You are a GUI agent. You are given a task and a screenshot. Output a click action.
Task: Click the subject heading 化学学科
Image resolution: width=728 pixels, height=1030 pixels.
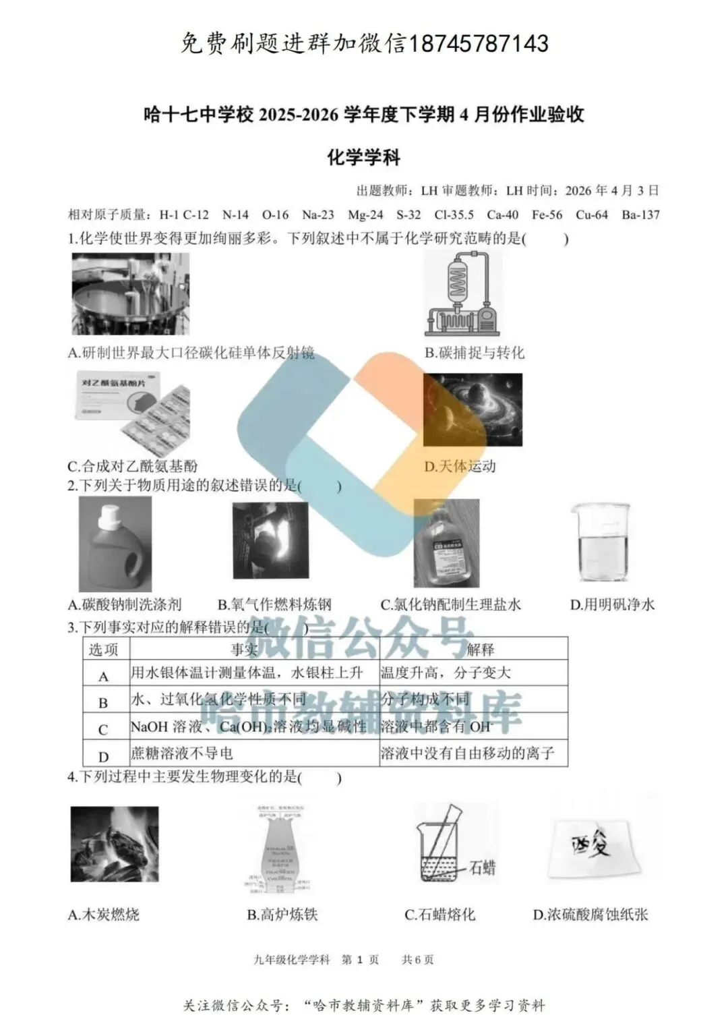point(364,158)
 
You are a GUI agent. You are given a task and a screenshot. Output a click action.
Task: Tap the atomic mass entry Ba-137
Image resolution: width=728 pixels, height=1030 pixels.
point(640,215)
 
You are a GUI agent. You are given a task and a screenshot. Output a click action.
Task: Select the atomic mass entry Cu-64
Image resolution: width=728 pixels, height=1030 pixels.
point(591,215)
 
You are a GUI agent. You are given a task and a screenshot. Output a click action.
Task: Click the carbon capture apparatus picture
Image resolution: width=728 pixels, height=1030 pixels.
point(462,293)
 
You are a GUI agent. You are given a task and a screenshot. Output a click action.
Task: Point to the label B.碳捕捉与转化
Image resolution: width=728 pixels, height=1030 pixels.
point(474,353)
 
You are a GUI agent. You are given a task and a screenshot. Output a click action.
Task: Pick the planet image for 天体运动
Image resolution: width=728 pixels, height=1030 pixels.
point(472,409)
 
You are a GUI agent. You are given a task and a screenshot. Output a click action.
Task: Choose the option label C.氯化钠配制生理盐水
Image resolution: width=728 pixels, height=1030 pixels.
point(450,604)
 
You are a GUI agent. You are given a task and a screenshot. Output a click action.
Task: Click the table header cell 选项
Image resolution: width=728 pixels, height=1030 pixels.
point(104,650)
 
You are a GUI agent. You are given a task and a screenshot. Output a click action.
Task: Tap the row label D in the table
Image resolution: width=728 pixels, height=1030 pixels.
point(103,756)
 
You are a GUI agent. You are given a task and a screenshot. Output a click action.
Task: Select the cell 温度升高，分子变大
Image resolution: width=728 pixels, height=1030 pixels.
point(446,673)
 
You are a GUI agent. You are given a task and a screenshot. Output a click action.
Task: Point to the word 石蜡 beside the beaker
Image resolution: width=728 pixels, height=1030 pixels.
point(483,867)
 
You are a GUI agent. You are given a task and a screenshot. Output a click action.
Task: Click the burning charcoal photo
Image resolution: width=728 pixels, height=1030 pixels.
point(114,844)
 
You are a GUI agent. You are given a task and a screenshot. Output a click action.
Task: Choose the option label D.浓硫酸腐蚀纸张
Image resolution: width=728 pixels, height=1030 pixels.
point(590,915)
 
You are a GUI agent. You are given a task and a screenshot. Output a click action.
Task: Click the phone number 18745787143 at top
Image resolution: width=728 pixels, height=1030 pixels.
point(479,44)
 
